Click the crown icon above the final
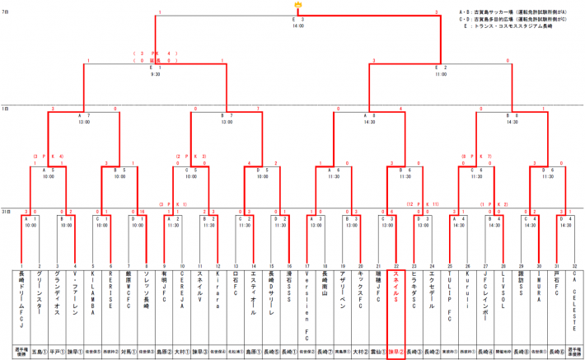pos(297,5)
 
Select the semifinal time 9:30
pos(157,74)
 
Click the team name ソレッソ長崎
pos(146,290)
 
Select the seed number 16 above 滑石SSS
pos(289,265)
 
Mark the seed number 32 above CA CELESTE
pos(575,265)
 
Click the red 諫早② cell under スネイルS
pos(396,349)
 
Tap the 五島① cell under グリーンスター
pos(39,349)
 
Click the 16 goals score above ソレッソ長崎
pos(142,212)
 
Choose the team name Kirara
pos(218,290)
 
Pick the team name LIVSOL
pos(503,290)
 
